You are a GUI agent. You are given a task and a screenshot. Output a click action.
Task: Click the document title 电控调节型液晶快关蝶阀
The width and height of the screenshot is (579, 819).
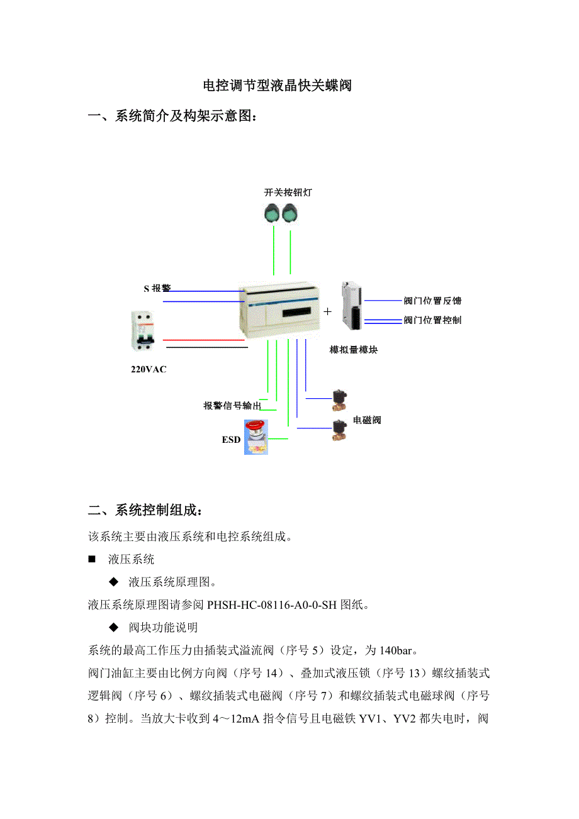click(276, 86)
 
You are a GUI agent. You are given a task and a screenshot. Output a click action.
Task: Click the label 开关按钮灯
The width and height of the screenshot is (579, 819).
click(288, 192)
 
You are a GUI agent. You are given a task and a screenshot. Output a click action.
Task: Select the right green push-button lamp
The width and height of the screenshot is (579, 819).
click(290, 213)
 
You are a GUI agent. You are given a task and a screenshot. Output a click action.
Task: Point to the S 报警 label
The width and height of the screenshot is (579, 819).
click(157, 289)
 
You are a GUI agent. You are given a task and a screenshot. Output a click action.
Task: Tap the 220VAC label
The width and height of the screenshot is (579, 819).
click(149, 369)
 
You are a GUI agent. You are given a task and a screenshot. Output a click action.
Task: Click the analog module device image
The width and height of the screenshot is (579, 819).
click(351, 306)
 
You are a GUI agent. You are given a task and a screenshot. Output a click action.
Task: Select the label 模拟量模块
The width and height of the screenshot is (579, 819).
click(353, 350)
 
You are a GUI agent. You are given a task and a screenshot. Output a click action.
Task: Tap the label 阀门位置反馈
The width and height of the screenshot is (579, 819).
click(432, 301)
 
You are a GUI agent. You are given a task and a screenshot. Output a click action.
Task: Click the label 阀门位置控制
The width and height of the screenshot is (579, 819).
click(432, 320)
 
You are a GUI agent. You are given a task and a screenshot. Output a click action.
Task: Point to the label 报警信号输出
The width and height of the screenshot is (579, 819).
click(232, 406)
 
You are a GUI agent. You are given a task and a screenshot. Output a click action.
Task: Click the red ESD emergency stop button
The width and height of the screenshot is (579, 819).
click(256, 437)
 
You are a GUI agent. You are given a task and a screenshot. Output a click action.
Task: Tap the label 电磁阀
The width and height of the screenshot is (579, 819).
click(367, 420)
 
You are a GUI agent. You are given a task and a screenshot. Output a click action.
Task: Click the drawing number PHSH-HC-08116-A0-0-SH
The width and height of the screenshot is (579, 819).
click(272, 605)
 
